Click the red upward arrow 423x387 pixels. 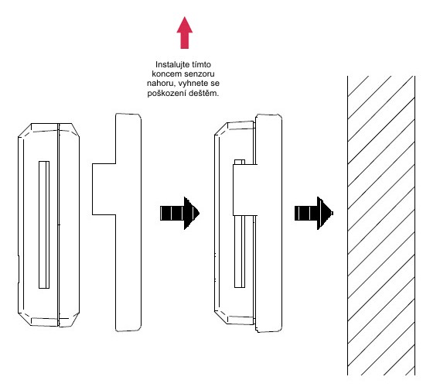(185, 33)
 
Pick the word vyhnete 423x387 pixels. (193, 84)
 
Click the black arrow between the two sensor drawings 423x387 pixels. (179, 213)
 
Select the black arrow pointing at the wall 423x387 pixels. (314, 213)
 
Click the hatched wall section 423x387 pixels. (381, 225)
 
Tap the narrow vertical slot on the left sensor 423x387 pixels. (44, 224)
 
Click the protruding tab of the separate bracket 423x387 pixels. (104, 189)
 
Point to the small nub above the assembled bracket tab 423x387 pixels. (240, 162)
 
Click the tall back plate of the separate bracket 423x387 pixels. (128, 222)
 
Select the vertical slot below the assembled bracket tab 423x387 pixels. (240, 252)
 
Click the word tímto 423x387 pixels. (201, 64)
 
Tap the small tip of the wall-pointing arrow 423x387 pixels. (332, 213)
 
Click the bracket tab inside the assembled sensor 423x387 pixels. (244, 190)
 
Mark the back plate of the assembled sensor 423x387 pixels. (268, 223)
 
